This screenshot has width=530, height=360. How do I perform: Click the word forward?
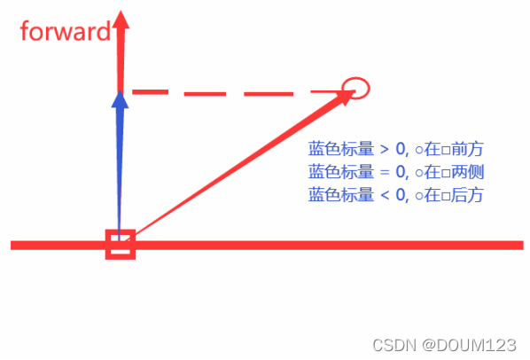66,31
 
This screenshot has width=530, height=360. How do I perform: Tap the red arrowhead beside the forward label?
121,20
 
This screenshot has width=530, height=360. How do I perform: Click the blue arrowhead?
120,99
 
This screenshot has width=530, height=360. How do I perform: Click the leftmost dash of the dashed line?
150,92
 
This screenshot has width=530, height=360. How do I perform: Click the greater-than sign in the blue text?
385,149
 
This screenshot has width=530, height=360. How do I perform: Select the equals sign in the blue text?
385,172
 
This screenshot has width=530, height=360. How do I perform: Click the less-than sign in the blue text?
385,195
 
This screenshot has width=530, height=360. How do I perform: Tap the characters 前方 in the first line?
467,149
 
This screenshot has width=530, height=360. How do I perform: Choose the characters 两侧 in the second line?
467,172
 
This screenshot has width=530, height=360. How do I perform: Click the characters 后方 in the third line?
467,195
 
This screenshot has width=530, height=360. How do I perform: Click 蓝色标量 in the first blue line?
340,149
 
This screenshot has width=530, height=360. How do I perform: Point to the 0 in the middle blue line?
401,172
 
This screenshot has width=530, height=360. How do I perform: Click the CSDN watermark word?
394,346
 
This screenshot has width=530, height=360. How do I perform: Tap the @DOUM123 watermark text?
469,346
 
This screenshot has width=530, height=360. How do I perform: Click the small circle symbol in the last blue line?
419,196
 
